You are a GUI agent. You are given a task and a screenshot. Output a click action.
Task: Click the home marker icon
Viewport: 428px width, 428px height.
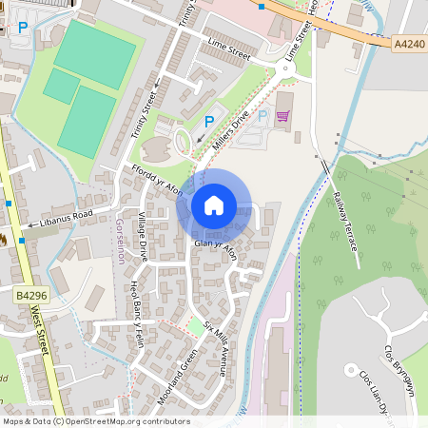[214, 204]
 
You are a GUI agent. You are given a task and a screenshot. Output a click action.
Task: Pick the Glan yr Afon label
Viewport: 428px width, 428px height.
[214, 244]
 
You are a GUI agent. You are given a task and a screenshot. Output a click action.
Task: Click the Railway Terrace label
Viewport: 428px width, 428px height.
[345, 220]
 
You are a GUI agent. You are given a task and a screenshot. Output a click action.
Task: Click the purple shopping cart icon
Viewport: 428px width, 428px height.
[282, 116]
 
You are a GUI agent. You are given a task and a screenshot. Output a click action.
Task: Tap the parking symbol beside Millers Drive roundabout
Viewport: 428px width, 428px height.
[210, 121]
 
